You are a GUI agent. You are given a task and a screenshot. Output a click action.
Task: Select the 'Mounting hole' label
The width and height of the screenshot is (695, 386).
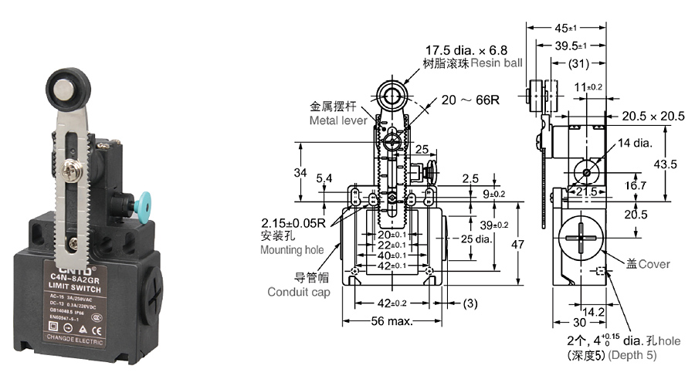[292, 250]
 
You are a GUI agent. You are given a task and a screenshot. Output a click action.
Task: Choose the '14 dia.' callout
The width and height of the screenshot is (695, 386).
[635, 143]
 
